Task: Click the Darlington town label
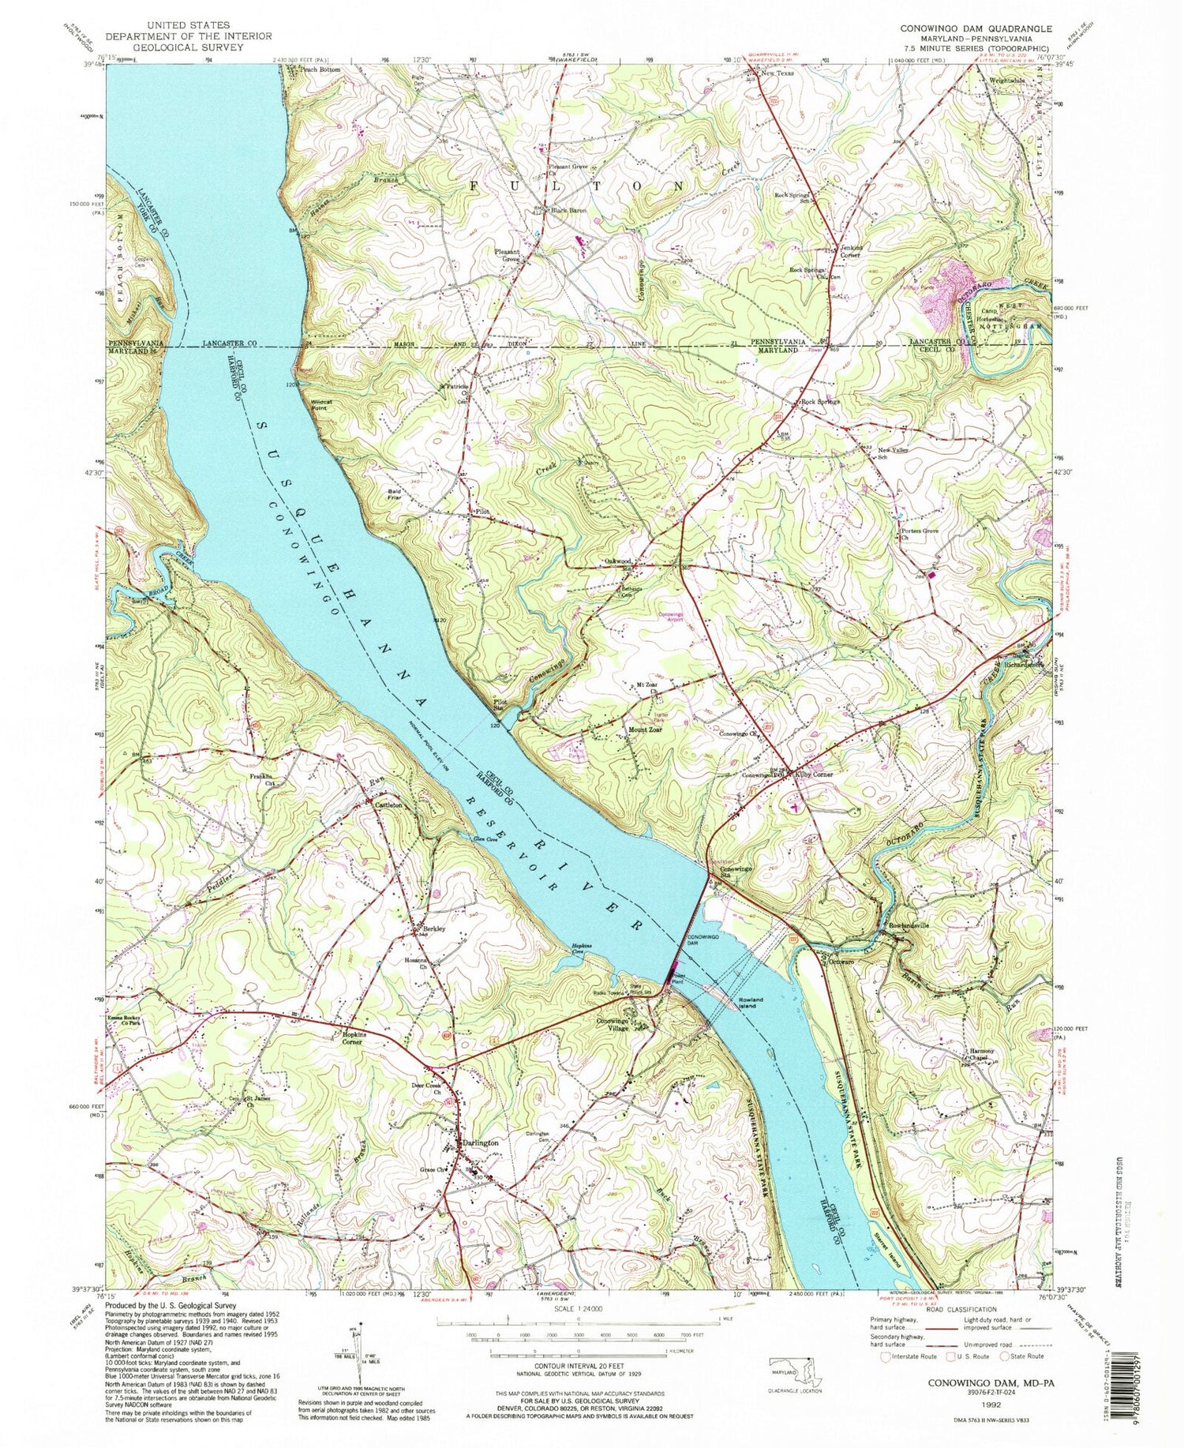click(480, 1143)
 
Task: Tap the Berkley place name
click(433, 928)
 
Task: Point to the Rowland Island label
click(749, 1004)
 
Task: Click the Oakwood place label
click(617, 561)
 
